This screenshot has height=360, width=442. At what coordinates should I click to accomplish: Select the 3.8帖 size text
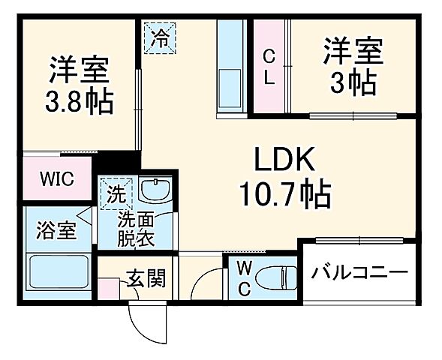(x=80, y=101)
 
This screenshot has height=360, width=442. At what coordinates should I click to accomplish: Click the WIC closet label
(x=57, y=181)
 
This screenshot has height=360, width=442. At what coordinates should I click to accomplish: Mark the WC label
(x=244, y=278)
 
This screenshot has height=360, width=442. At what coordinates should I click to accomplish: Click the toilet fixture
(x=275, y=277)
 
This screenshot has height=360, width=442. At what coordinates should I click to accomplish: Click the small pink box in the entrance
(x=113, y=288)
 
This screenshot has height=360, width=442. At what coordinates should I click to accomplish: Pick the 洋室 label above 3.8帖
(x=80, y=69)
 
